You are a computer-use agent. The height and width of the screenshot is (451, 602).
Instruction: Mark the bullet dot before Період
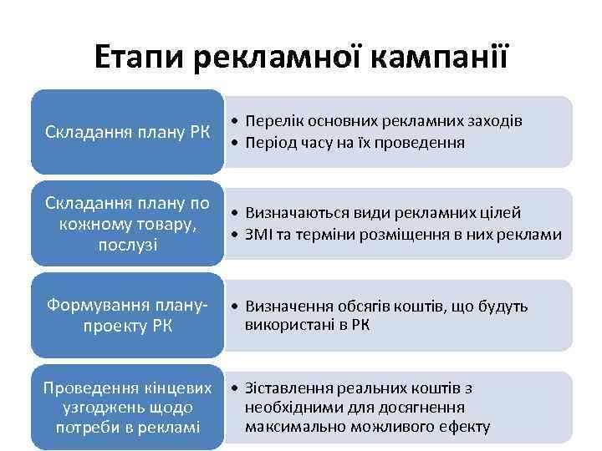pos(237,142)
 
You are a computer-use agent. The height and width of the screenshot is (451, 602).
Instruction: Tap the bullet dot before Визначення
pos(237,306)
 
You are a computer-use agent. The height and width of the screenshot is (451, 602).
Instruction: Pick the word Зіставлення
pos(288,388)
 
